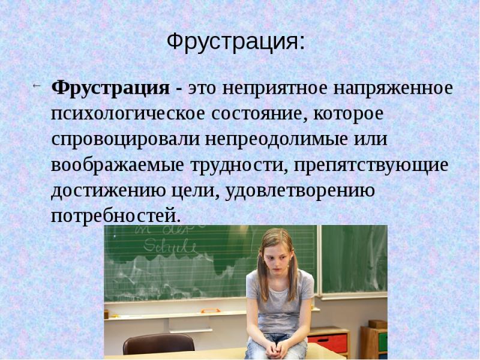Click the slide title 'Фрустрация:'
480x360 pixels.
click(235, 42)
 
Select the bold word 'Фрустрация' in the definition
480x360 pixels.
click(110, 88)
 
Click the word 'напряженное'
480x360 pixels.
click(393, 88)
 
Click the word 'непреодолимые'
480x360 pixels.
click(284, 139)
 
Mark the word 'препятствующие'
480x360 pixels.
click(371, 165)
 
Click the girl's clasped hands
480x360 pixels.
click(277, 345)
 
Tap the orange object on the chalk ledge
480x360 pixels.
click(211, 310)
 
